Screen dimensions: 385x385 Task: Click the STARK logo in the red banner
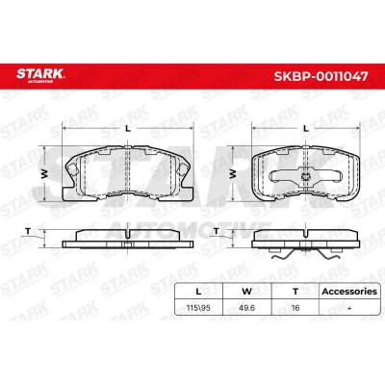click(40, 74)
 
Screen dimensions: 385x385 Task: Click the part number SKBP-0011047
click(321, 76)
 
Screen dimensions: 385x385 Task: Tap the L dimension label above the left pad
click(128, 129)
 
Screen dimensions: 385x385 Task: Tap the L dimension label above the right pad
click(306, 129)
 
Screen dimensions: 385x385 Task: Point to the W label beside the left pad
click(44, 174)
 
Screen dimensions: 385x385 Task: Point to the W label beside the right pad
click(233, 174)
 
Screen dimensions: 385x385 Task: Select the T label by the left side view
click(28, 231)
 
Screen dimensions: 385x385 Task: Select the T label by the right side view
click(217, 231)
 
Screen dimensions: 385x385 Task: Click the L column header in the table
click(198, 292)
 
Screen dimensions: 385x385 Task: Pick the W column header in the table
click(246, 292)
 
